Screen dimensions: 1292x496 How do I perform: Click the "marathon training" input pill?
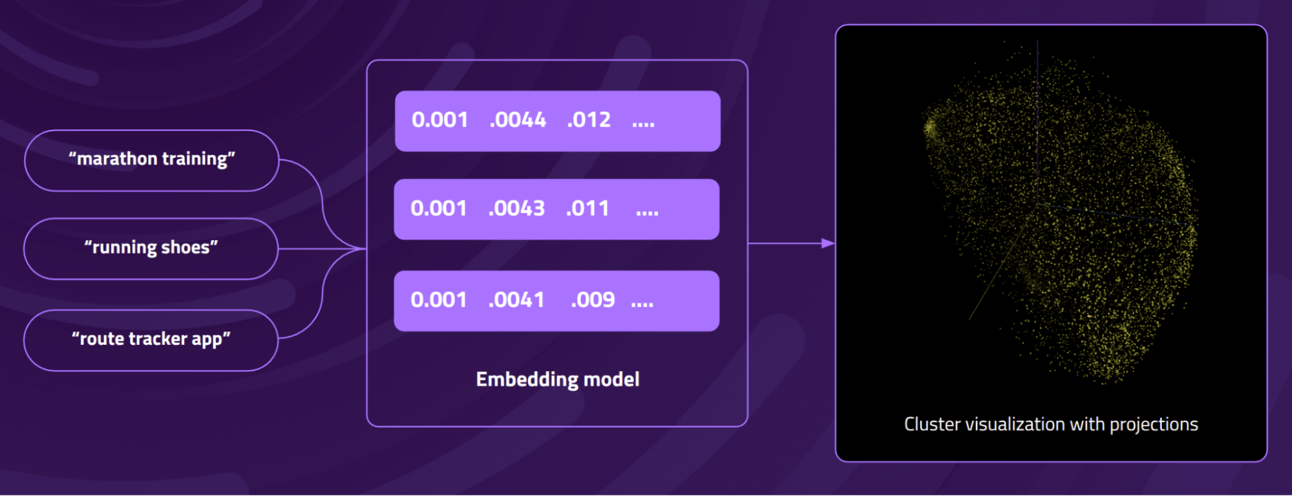tap(152, 160)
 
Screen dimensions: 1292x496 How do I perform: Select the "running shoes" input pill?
tap(151, 249)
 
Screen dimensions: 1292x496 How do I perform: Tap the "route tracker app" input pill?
tap(151, 340)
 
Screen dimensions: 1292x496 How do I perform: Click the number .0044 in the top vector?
tap(518, 120)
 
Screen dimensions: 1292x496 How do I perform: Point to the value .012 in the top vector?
tap(589, 120)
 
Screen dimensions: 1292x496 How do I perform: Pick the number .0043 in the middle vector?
tap(516, 209)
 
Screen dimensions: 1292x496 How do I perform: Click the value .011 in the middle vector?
tap(588, 209)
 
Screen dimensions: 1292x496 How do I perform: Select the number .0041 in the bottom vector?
tap(516, 300)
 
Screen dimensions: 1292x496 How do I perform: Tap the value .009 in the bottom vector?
tap(593, 300)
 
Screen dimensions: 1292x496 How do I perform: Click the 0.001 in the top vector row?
tap(439, 120)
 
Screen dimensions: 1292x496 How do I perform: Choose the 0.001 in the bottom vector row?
tap(438, 300)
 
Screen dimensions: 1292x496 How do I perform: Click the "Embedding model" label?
tap(558, 379)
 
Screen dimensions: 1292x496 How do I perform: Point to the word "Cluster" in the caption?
tap(932, 424)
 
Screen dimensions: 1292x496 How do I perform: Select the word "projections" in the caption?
tap(1154, 425)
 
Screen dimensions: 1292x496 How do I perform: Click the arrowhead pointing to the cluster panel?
tap(828, 243)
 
